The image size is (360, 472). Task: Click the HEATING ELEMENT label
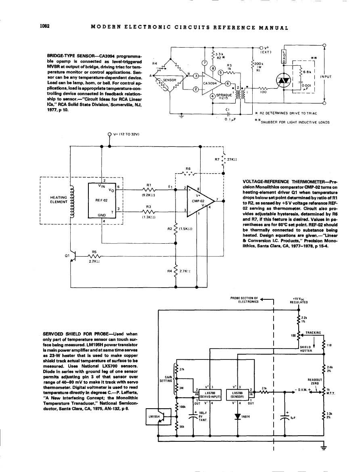(58, 199)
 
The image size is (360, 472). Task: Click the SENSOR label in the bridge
(169, 80)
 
